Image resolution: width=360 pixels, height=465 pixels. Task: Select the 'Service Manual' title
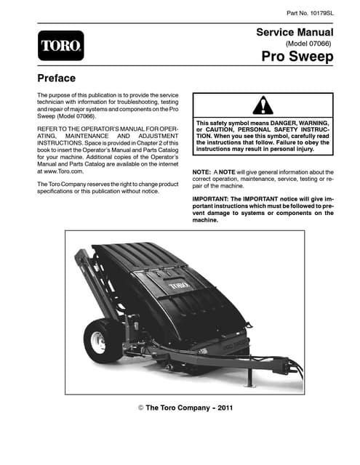click(295, 33)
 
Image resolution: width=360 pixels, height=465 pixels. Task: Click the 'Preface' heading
click(57, 78)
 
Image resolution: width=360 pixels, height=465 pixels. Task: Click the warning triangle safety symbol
click(262, 105)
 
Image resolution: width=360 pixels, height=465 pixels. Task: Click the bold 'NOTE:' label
click(201, 172)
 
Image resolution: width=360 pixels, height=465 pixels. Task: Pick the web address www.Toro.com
click(63, 171)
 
